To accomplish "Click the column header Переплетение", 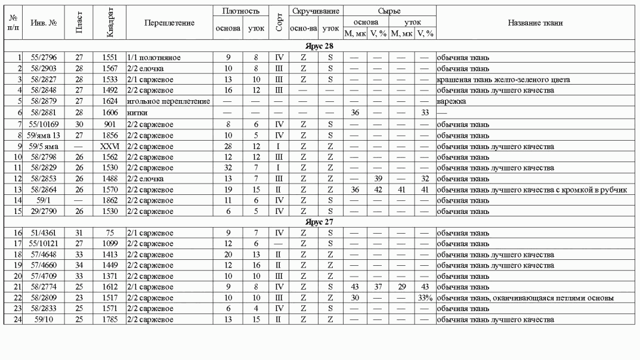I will tap(169, 23).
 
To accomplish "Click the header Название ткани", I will tap(536, 23).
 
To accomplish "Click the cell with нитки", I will tap(136, 112).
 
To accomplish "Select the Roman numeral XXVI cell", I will tap(110, 146).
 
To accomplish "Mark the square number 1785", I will tap(110, 320).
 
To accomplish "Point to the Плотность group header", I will tap(240, 11).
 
